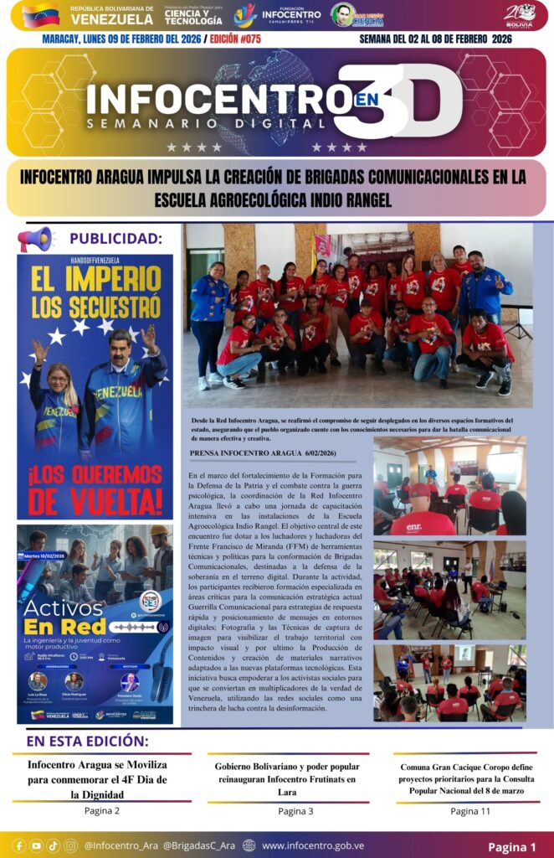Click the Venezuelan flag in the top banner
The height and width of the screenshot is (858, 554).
point(40,15)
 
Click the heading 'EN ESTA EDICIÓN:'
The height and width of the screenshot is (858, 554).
point(87,742)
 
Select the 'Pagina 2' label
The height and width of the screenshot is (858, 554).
point(101,810)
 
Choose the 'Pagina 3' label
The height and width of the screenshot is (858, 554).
point(295,811)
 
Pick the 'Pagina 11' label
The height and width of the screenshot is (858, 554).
point(470,811)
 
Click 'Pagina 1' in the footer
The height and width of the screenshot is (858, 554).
point(512,846)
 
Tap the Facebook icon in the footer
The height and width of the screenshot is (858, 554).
point(18,845)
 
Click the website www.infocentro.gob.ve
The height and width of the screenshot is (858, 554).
point(312,845)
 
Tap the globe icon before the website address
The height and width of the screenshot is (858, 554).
point(249,845)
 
